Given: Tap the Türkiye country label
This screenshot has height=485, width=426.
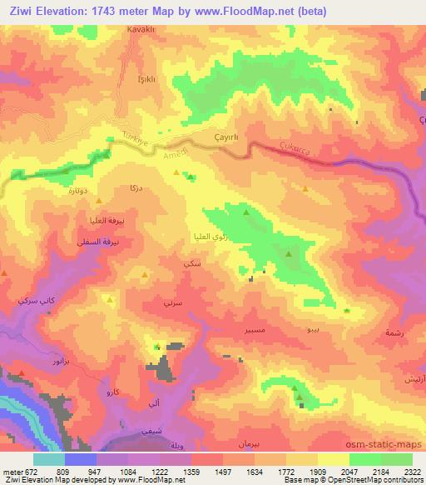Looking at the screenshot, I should (x=135, y=141).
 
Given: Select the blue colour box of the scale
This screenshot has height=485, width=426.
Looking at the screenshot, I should (x=81, y=458).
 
